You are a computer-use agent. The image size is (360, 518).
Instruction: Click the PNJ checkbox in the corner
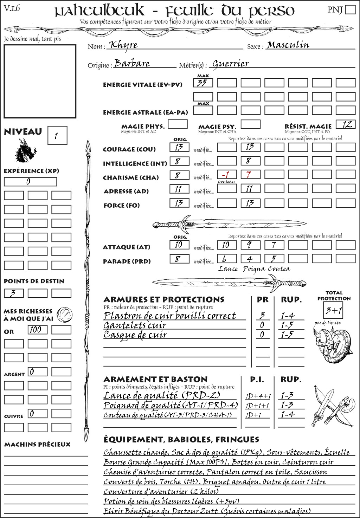[x=350, y=9]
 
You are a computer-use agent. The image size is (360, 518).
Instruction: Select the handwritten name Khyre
[x=123, y=45]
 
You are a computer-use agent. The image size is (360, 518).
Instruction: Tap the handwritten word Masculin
[x=288, y=45]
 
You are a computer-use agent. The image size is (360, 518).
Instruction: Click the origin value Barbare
[x=132, y=64]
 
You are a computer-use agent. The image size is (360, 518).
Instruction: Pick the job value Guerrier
[x=231, y=64]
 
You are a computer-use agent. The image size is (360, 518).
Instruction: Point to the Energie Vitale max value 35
[x=203, y=83]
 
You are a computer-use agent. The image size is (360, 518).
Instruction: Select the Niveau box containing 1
[x=57, y=136]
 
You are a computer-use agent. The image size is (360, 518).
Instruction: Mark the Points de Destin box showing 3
[x=14, y=293]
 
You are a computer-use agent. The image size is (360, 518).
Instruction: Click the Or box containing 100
[x=37, y=330]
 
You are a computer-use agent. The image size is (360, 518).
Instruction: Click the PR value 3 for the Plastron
[x=262, y=316]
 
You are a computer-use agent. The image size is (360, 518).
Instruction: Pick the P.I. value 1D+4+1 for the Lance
[x=258, y=396]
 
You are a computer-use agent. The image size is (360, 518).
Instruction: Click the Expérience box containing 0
[x=30, y=182]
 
